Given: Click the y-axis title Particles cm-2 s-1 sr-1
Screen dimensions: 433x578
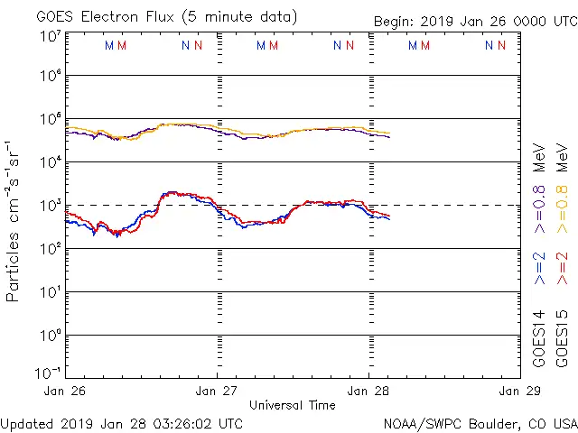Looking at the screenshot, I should pyautogui.click(x=14, y=220).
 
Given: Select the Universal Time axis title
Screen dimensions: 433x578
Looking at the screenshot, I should pyautogui.click(x=292, y=406).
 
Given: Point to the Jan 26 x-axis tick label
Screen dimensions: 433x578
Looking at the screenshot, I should pyautogui.click(x=65, y=391).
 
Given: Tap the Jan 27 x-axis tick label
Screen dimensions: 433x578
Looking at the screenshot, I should pyautogui.click(x=217, y=391).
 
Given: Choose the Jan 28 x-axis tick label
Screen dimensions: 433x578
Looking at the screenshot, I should pyautogui.click(x=368, y=391).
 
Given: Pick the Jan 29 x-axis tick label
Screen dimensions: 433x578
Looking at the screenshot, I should pyautogui.click(x=519, y=391).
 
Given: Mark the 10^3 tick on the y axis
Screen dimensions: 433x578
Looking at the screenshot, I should pyautogui.click(x=50, y=205).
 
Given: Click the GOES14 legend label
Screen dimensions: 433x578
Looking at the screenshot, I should pyautogui.click(x=540, y=338).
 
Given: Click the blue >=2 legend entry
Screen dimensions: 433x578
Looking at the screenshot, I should pyautogui.click(x=540, y=269).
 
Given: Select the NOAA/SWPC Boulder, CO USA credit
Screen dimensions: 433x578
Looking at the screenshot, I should pyautogui.click(x=480, y=423).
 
